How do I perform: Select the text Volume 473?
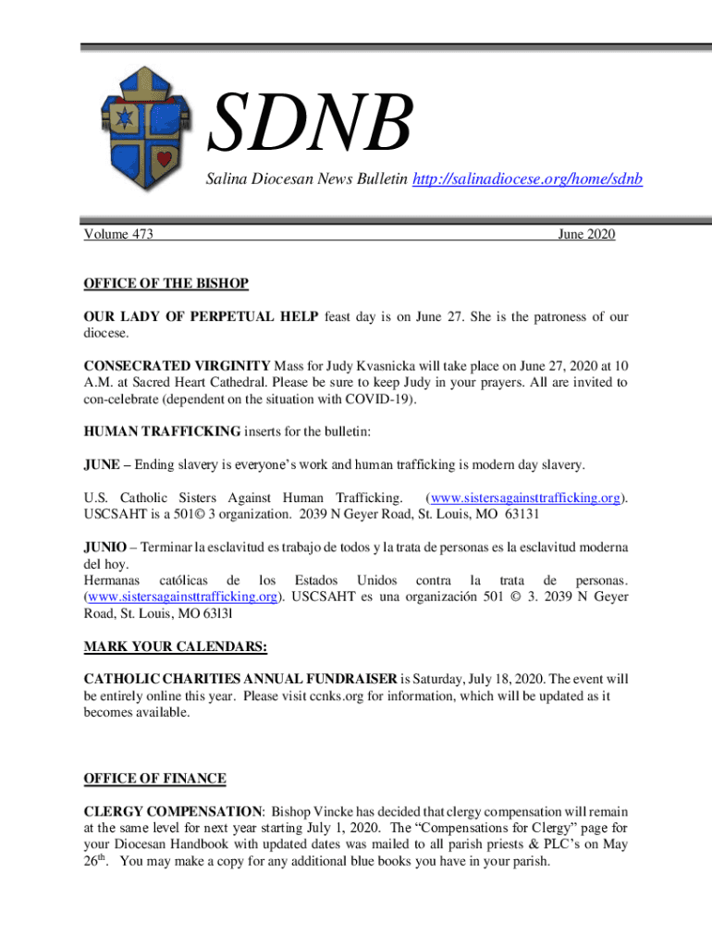pyautogui.click(x=118, y=235)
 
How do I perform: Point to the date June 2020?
pyautogui.click(x=586, y=235)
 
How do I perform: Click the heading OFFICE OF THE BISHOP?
pyautogui.click(x=166, y=282)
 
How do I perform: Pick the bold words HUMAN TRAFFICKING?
pyautogui.click(x=164, y=431)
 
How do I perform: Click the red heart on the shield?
pyautogui.click(x=164, y=158)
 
